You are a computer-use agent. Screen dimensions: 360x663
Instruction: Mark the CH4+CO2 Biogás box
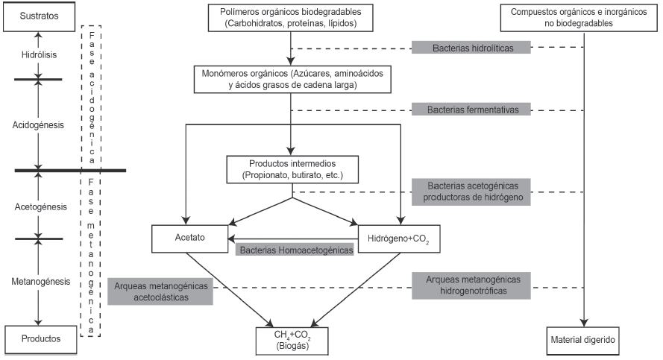[x=292, y=340]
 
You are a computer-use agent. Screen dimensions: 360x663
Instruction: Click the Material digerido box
[x=583, y=341]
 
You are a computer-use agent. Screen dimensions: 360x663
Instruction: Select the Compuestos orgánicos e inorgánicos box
[x=583, y=18]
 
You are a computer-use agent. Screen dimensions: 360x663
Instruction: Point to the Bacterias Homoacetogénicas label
[x=296, y=250]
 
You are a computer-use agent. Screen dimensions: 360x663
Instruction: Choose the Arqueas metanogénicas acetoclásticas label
[x=160, y=291]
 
